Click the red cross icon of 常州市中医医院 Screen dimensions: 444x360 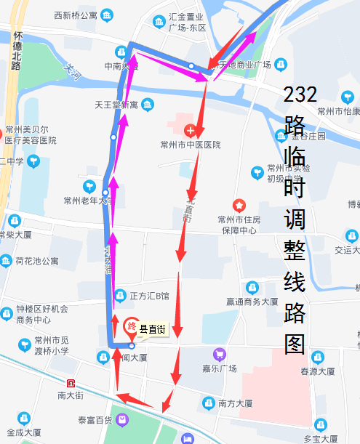[191, 132]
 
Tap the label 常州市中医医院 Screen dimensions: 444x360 [191, 145]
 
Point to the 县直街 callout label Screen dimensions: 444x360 [153, 330]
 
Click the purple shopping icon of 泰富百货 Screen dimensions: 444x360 [123, 419]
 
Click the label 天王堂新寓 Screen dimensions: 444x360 [116, 105]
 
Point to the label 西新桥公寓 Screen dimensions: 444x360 [75, 15]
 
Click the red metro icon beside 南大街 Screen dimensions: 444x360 [71, 383]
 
